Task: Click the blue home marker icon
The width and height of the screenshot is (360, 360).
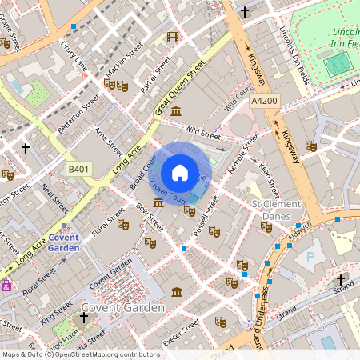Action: (x=180, y=173)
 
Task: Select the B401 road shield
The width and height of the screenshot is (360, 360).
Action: (x=78, y=170)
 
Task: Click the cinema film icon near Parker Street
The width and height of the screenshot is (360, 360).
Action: (x=173, y=37)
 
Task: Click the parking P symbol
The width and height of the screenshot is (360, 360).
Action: (x=310, y=257)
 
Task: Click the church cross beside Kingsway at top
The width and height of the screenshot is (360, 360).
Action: (x=245, y=12)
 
